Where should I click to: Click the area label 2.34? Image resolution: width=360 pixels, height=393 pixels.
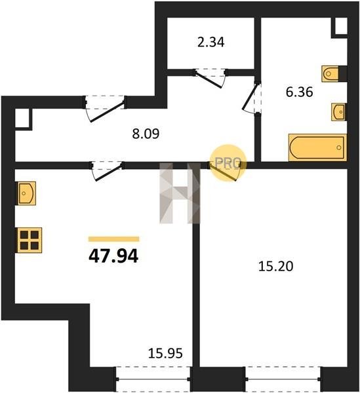210,42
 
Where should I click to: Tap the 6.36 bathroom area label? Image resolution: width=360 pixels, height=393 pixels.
299,92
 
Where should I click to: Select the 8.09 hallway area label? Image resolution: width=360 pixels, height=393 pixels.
146,134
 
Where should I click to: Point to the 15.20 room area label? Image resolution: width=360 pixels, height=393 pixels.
275,266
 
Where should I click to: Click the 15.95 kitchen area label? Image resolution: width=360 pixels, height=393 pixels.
165,354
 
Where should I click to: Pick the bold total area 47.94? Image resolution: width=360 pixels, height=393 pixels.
113,256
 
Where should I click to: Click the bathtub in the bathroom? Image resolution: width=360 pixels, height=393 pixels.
317,147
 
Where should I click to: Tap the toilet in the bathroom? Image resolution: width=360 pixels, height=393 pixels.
330,73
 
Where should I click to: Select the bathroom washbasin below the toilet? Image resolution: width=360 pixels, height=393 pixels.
338,112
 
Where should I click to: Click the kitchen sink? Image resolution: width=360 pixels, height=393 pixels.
26,193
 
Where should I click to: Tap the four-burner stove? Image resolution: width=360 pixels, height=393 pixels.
30,240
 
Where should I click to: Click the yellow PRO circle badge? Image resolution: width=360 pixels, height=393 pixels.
228,163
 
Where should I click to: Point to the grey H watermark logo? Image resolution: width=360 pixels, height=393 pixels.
180,193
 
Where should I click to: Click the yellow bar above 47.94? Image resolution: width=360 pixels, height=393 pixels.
113,239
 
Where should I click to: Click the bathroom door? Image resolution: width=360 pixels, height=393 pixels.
252,97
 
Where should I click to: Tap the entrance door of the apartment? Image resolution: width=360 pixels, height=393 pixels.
105,109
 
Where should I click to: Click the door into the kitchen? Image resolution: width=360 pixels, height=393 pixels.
107,171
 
